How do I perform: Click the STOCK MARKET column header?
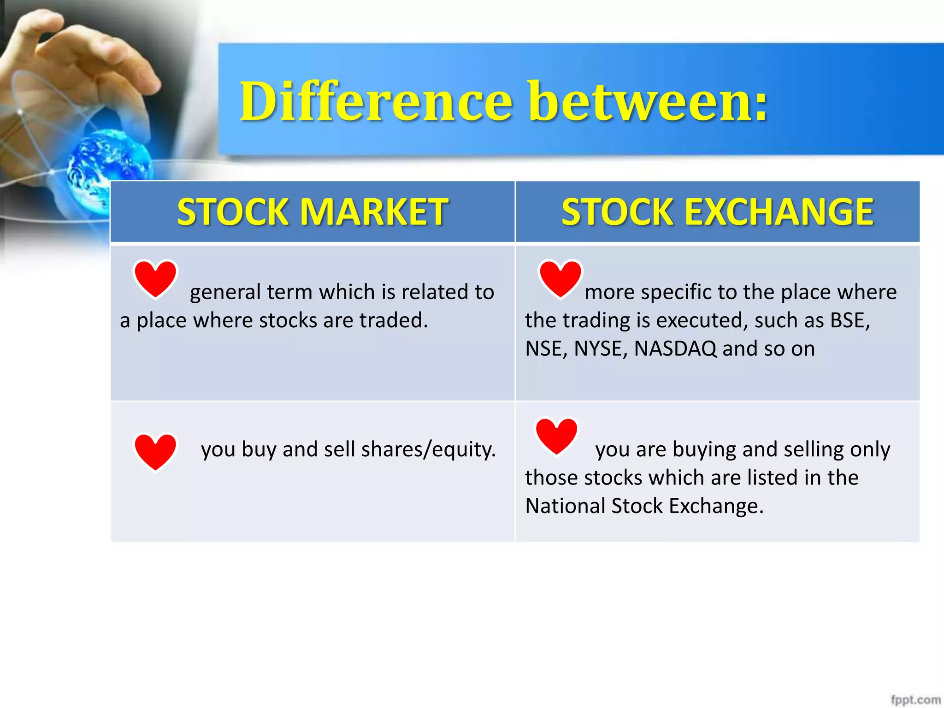click(x=313, y=212)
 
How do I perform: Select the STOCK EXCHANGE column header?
click(x=717, y=212)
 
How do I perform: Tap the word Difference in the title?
click(x=376, y=101)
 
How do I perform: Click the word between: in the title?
click(x=648, y=101)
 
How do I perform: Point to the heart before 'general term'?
click(x=155, y=278)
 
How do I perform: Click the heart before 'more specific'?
click(x=560, y=278)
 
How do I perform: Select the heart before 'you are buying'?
click(x=556, y=436)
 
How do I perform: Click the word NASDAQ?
click(x=675, y=349)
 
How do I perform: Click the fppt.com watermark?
click(x=915, y=700)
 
